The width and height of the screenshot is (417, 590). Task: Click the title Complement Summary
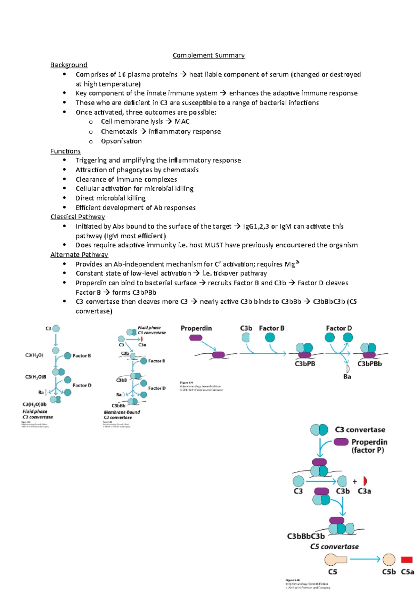(x=208, y=55)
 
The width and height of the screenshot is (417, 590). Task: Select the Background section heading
(x=69, y=65)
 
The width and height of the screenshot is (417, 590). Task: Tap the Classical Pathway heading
(x=77, y=217)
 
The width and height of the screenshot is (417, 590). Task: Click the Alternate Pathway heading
(x=79, y=255)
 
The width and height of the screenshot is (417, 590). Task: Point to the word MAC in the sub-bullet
(x=182, y=122)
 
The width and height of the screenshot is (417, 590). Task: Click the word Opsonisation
(x=121, y=141)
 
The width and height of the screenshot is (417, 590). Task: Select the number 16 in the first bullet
(x=122, y=74)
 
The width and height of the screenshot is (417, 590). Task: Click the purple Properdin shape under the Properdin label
(x=196, y=337)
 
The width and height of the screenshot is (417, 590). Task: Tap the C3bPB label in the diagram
(x=305, y=364)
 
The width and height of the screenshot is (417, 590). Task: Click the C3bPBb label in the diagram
(x=370, y=364)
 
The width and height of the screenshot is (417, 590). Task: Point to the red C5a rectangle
(x=407, y=560)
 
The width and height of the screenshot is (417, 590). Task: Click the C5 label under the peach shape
(x=333, y=572)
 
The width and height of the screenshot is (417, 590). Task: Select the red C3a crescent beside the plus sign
(x=365, y=481)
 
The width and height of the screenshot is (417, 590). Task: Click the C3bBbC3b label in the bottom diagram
(x=306, y=536)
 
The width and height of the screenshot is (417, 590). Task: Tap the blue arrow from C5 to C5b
(x=365, y=559)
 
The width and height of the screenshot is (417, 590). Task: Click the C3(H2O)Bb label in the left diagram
(x=34, y=404)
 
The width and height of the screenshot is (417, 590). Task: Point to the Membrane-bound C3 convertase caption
(x=122, y=415)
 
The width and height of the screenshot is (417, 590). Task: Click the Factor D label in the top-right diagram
(x=339, y=328)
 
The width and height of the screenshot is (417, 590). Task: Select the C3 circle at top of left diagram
(x=56, y=328)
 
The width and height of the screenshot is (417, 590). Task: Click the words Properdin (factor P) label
(x=369, y=446)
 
